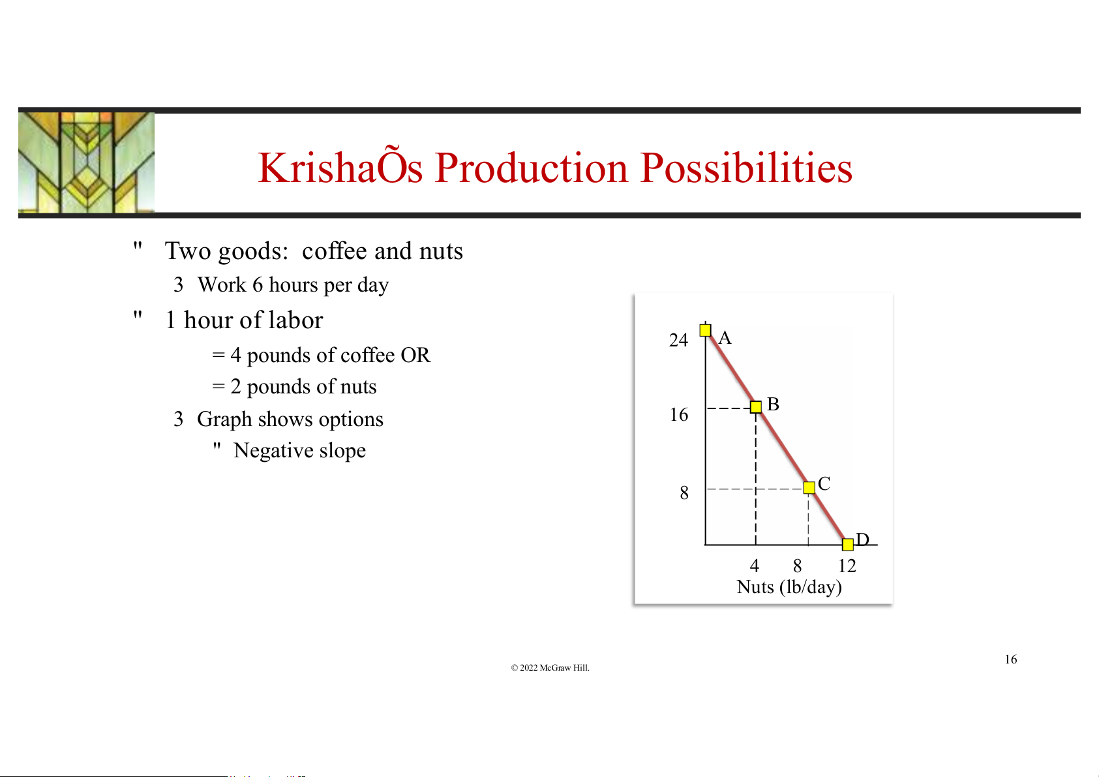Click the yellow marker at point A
point(706,330)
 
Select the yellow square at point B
point(756,407)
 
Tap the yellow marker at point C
point(809,487)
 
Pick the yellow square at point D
point(848,544)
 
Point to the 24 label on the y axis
point(679,340)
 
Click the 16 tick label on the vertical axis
point(679,415)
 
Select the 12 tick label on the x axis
point(847,566)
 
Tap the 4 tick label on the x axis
point(755,566)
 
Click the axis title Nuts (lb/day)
point(789,587)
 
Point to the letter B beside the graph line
point(774,404)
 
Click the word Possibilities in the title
point(746,168)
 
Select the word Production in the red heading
point(531,168)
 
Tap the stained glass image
point(86,162)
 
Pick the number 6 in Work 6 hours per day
point(258,284)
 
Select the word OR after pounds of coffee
point(415,355)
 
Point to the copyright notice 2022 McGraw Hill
point(550,667)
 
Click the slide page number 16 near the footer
point(1011,659)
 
